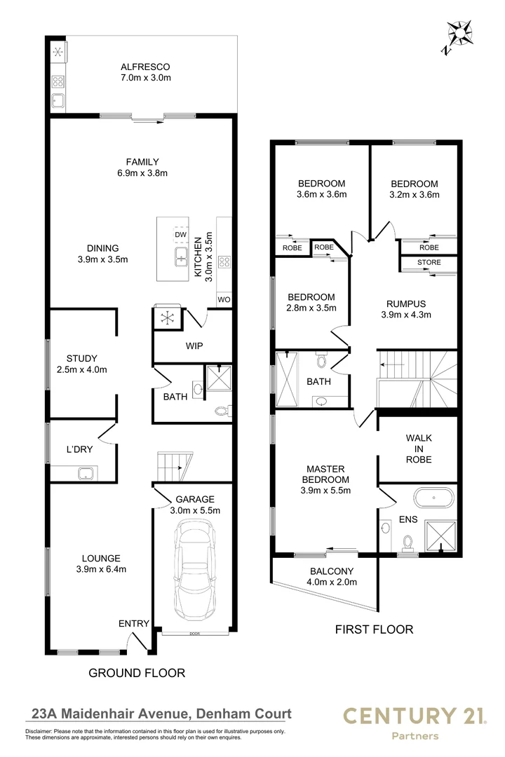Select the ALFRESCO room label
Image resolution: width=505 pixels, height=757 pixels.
pos(145,67)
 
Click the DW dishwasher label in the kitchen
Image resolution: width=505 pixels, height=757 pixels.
pos(180,235)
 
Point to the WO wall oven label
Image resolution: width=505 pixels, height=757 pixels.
pos(224,299)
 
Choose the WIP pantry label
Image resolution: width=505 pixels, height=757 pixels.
pos(194,346)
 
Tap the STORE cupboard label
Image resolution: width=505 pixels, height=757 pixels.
pos(429,263)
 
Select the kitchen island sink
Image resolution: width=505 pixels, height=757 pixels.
pos(180,258)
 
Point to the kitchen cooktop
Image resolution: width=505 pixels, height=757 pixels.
pos(225,263)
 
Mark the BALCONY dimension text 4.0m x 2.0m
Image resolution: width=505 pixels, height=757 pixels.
pos(332,582)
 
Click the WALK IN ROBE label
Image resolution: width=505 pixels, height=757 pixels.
pos(419,449)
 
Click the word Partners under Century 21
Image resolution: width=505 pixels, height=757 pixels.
pos(415,736)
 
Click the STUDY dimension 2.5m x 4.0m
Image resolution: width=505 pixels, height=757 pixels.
pos(82,370)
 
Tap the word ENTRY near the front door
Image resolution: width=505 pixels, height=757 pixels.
pos(134,624)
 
